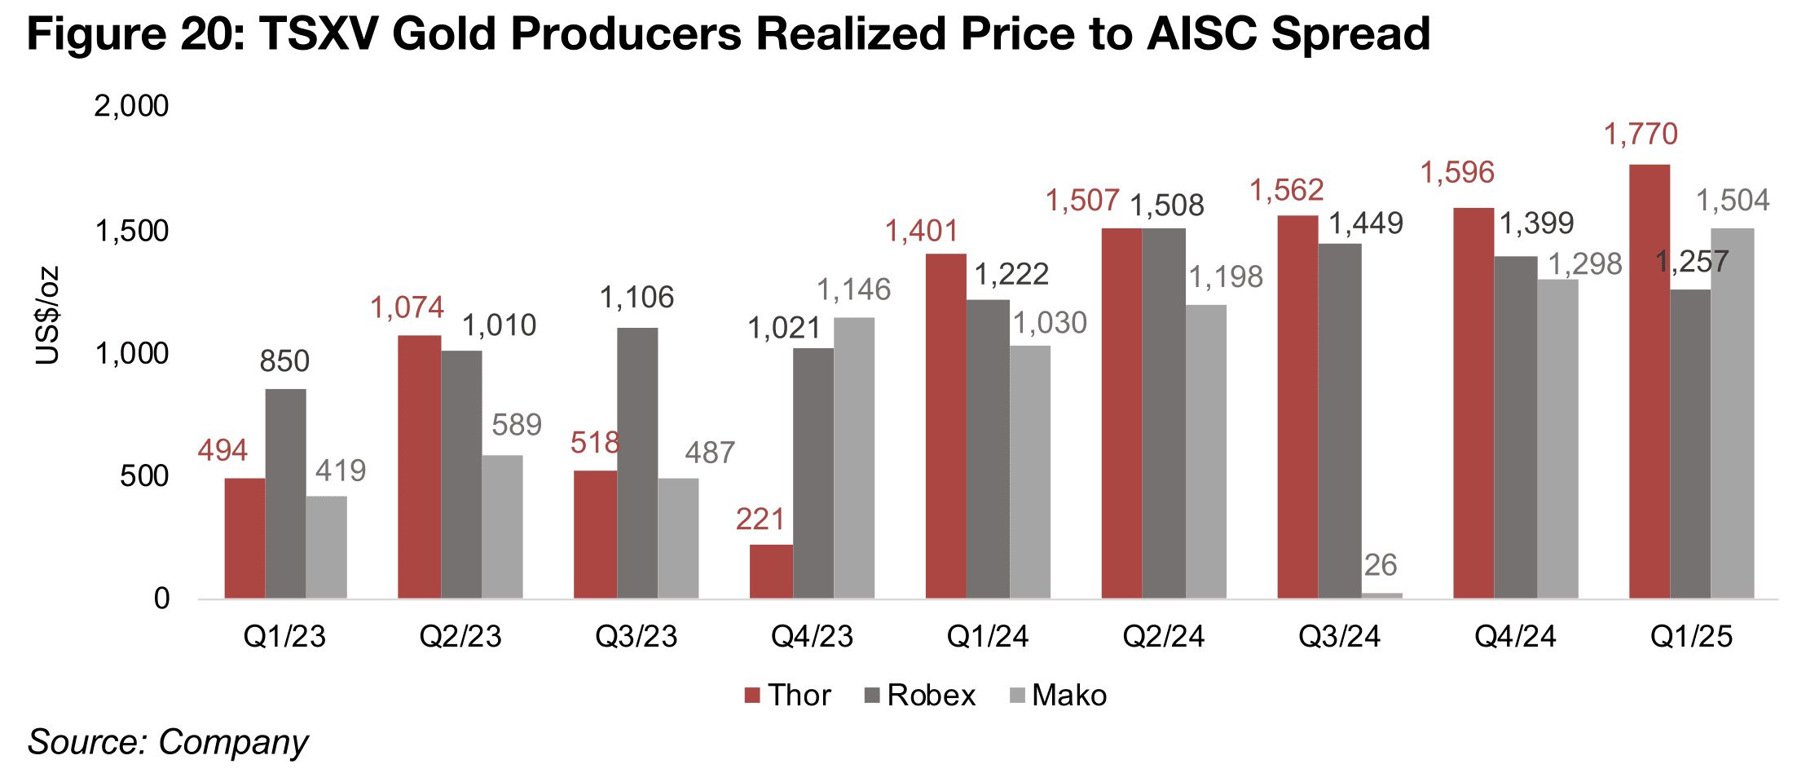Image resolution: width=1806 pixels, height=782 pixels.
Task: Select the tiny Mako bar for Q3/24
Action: point(1381,595)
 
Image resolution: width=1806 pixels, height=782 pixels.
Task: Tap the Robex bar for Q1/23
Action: point(285,493)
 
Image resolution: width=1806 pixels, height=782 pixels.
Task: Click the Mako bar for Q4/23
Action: point(854,457)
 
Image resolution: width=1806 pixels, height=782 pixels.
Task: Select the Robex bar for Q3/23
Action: point(637,462)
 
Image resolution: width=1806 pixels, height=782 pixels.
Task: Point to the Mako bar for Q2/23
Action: point(502,527)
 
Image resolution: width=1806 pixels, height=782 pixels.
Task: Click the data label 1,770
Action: point(1641,134)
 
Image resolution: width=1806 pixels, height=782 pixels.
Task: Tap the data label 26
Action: point(1381,565)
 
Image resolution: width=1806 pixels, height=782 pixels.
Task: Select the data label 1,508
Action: point(1166,205)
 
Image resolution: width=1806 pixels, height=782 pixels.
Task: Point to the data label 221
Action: point(760,519)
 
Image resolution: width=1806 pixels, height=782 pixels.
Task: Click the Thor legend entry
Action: point(787,696)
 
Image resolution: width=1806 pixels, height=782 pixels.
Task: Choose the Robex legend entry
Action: point(919,696)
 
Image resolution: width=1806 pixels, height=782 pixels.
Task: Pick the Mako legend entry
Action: point(1058,696)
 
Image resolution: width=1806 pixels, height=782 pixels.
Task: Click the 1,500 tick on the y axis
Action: point(132,232)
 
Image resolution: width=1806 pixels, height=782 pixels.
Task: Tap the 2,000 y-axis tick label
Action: point(132,106)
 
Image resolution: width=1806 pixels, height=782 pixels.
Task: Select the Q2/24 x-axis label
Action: point(1163,637)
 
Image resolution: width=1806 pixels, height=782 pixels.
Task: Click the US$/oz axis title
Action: point(47,315)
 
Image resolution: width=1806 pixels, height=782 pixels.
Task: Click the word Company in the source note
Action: point(233,742)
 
